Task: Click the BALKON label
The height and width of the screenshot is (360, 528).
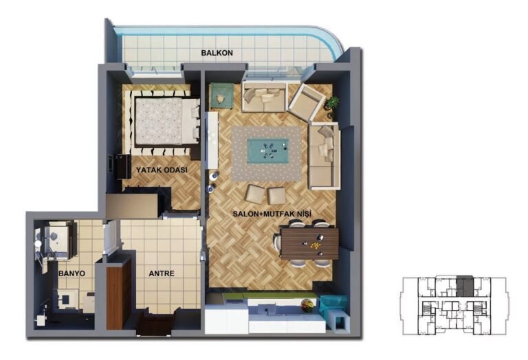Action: (217, 53)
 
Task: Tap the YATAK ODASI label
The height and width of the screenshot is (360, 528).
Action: (162, 170)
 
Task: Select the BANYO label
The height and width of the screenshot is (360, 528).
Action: (71, 273)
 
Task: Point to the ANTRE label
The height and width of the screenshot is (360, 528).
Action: (162, 273)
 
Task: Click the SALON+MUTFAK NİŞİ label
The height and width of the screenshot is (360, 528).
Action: (272, 214)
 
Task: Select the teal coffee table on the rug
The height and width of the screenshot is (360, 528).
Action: (268, 151)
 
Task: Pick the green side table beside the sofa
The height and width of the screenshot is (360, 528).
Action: (221, 96)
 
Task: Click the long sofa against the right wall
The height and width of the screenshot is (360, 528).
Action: (324, 157)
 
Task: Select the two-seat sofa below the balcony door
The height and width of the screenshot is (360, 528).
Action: (264, 96)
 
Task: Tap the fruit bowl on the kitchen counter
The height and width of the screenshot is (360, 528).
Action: (307, 306)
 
